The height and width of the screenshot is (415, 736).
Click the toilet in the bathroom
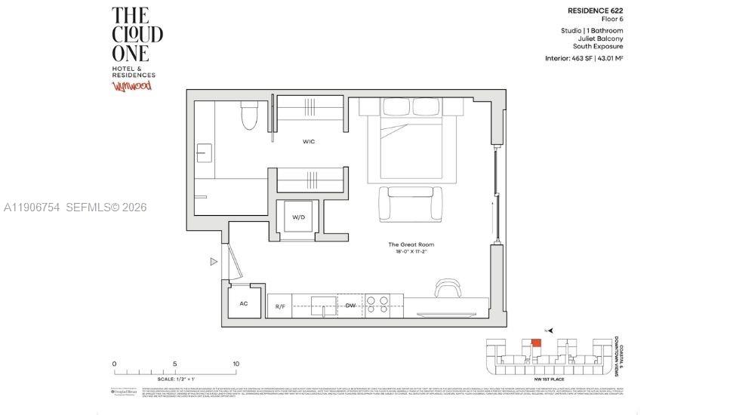pos(248,115)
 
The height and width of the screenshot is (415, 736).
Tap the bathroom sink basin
pos(204,154)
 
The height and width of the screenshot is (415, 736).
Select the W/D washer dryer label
pos(298,217)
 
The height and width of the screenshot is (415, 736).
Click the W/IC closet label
pos(309,141)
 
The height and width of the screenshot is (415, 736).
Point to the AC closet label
pos(243,303)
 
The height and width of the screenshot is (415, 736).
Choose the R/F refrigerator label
pos(279,306)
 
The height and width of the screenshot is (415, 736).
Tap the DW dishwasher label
pos(350,306)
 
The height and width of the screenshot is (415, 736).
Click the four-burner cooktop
pos(377,304)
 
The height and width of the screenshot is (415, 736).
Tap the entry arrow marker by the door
pos(214,262)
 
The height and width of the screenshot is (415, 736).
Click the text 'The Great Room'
pos(411,244)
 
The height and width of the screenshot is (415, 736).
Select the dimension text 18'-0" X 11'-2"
pos(411,253)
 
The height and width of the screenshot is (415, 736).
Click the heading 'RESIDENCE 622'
pos(595,11)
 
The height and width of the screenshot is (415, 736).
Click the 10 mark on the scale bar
pos(236,364)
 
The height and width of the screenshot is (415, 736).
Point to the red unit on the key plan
pos(536,343)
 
